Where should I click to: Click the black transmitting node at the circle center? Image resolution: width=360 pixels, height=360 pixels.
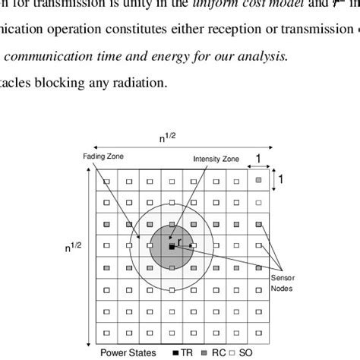pos(172,247)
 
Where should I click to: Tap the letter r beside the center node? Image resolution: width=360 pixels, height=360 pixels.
pos(179,242)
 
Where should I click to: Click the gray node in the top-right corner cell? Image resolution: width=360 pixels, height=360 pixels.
pos(259,181)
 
